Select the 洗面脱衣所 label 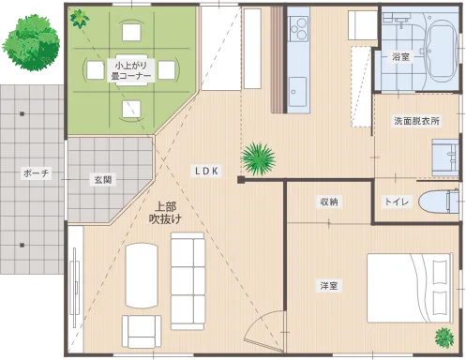(x=416, y=122)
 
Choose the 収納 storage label (x=328, y=202)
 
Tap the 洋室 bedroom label (x=327, y=286)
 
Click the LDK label (x=206, y=172)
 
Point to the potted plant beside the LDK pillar (x=256, y=159)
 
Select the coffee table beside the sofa (x=143, y=273)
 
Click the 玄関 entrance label (x=102, y=179)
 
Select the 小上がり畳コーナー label (x=130, y=72)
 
